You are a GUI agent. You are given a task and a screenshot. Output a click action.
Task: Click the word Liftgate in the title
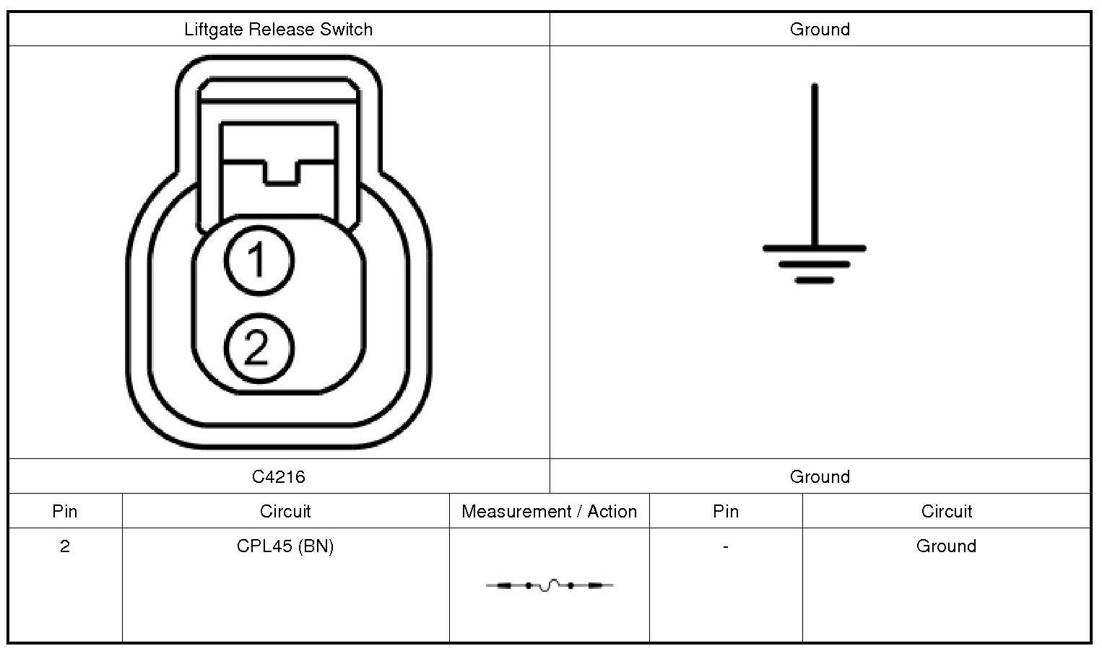(x=214, y=30)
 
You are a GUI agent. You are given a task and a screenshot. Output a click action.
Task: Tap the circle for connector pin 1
(x=259, y=260)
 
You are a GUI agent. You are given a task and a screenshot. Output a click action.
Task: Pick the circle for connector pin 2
(x=259, y=348)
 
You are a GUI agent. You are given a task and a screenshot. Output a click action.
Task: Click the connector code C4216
(x=279, y=477)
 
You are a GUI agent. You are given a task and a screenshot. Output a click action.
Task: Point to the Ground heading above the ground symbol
(x=820, y=30)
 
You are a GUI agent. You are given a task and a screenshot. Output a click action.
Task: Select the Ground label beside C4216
(x=820, y=477)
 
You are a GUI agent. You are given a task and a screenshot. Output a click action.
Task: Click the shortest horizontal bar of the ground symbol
(x=815, y=280)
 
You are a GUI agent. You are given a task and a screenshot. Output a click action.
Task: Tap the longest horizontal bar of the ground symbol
(x=815, y=248)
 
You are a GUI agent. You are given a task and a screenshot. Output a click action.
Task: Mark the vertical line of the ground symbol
(x=815, y=166)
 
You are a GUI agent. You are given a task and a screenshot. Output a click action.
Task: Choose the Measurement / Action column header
(x=549, y=512)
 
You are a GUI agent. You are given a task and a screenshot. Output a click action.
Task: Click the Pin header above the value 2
(x=65, y=512)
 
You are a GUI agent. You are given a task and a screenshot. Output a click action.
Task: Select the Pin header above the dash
(x=726, y=512)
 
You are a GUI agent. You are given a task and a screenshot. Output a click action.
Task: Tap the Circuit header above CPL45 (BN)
(x=285, y=512)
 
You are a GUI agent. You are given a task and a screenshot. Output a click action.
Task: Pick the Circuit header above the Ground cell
(x=946, y=512)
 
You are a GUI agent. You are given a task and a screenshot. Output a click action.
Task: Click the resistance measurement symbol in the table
(x=550, y=585)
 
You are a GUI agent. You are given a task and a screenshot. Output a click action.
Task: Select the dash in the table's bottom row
(x=725, y=546)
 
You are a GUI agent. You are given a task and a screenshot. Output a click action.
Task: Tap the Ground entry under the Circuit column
(x=946, y=546)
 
